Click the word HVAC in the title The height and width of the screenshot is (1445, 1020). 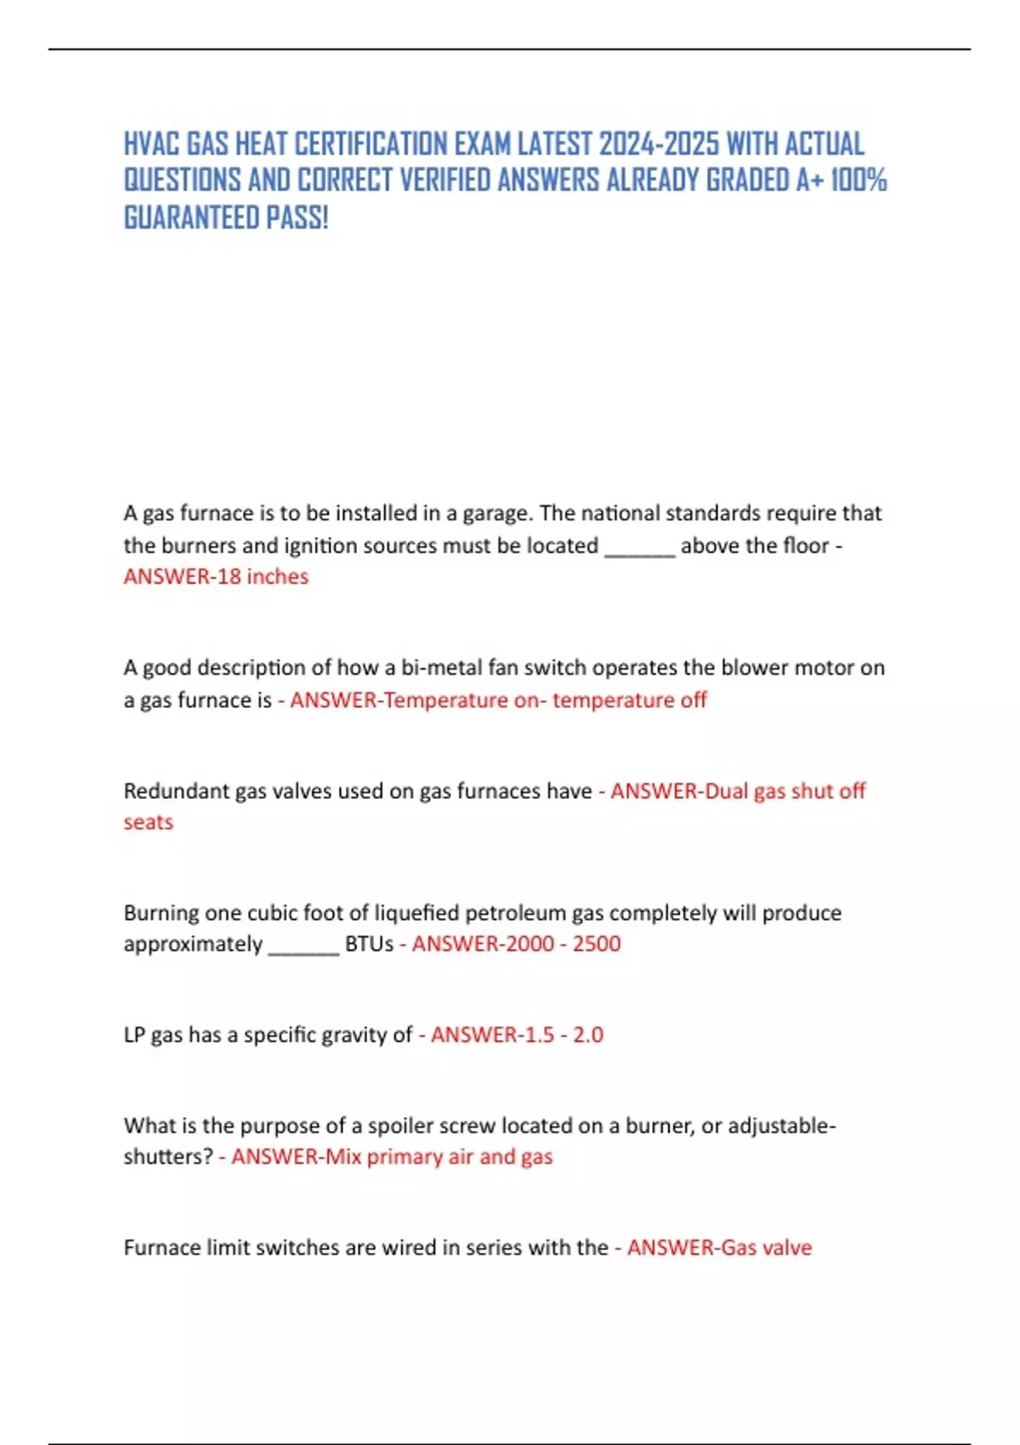(151, 144)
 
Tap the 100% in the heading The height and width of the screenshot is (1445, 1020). (858, 180)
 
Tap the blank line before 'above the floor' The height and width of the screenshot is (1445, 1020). (639, 546)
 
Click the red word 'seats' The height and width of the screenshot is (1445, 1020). (148, 823)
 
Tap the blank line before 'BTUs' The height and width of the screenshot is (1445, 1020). (303, 945)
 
